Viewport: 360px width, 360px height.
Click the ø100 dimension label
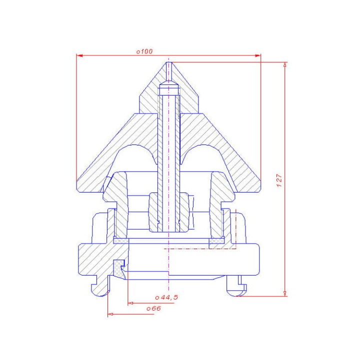(x=144, y=51)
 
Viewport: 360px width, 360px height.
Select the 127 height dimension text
(x=279, y=180)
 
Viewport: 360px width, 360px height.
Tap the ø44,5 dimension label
(x=166, y=297)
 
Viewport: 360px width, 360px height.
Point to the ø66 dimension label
(x=153, y=308)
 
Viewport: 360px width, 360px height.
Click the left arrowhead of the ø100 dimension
(x=79, y=55)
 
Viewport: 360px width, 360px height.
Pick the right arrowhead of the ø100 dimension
(x=258, y=55)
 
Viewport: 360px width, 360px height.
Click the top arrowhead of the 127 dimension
(x=285, y=64)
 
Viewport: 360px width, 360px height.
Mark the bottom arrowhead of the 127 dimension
(x=285, y=293)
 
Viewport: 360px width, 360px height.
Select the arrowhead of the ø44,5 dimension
(x=130, y=303)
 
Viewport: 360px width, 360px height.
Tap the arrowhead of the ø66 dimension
(x=110, y=314)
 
